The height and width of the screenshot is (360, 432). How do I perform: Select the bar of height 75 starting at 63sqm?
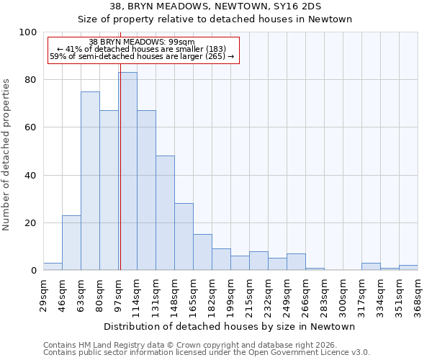90,181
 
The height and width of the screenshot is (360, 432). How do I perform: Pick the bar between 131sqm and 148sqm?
165,213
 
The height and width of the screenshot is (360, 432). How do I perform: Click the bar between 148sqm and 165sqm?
184,237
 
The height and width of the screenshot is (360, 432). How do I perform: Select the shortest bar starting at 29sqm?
53,266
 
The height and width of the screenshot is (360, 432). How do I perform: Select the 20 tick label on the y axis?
31,223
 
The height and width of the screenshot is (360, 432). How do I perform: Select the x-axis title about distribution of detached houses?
230,327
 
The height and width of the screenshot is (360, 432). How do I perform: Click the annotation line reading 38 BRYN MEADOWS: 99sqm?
142,42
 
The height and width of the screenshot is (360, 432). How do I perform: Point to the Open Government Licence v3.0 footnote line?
207,353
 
